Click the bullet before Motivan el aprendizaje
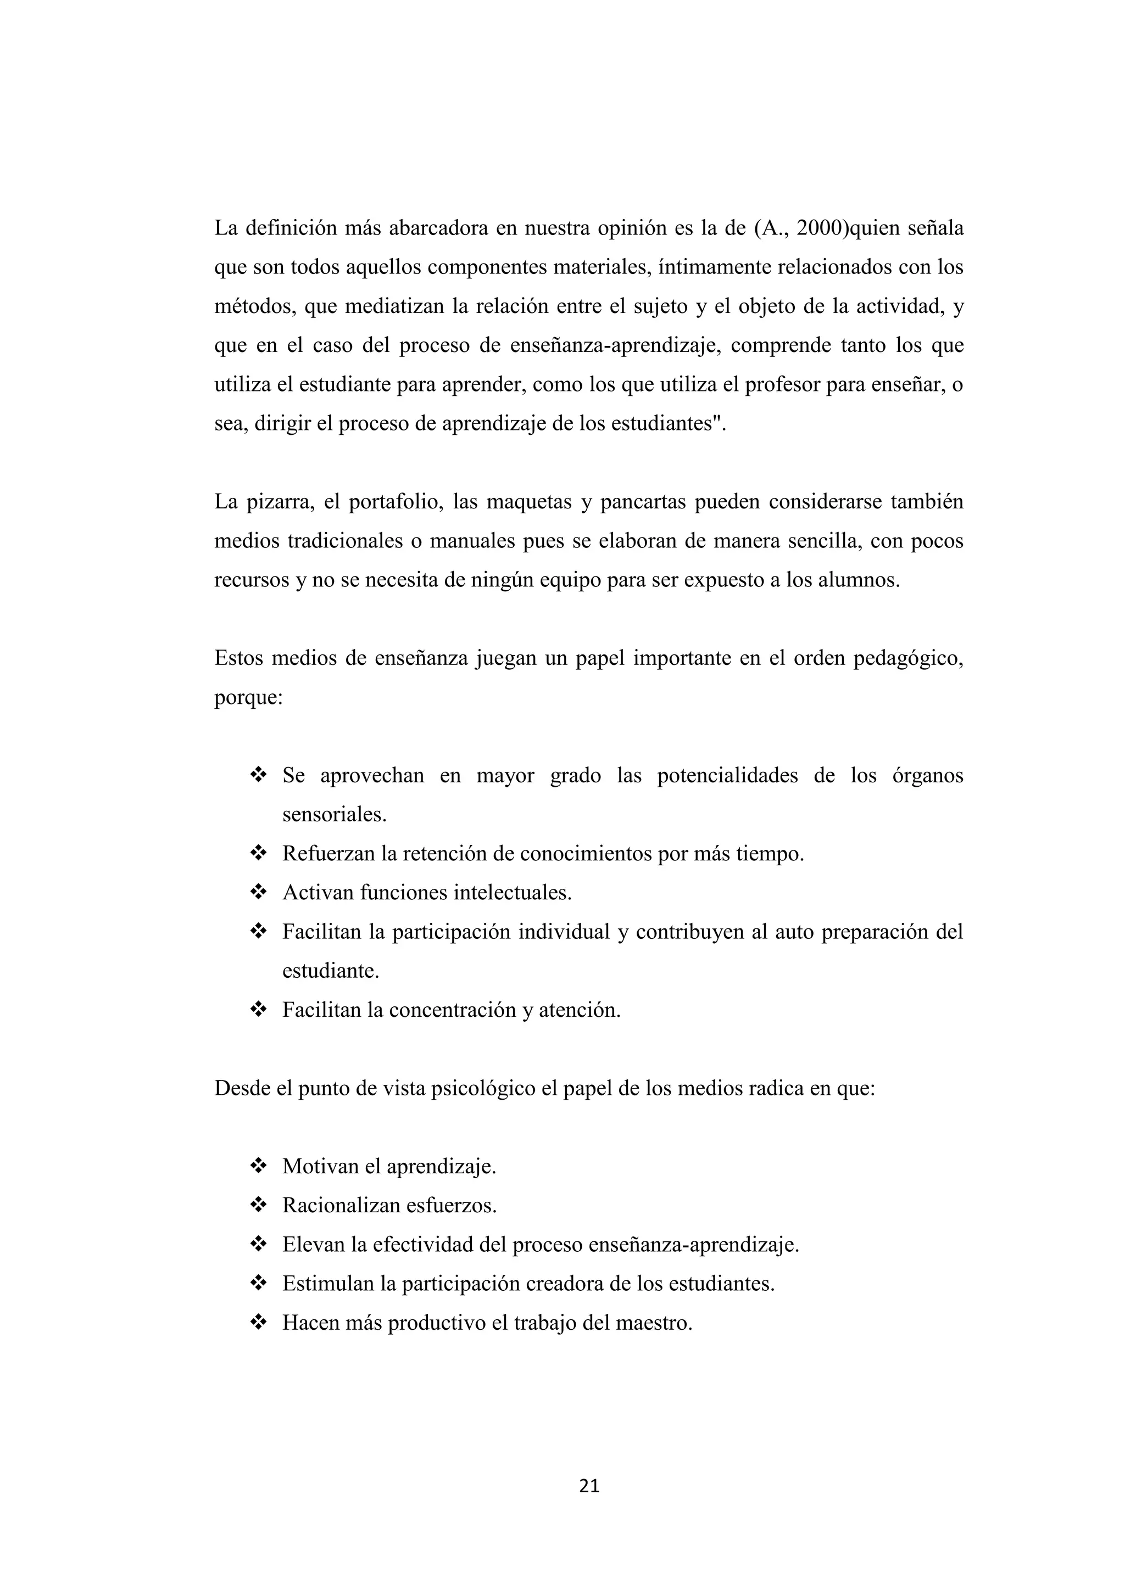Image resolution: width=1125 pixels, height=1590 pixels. click(x=258, y=1166)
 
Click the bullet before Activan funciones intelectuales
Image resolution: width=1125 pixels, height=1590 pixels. click(x=258, y=893)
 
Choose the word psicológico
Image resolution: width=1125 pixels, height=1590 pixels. click(x=483, y=1089)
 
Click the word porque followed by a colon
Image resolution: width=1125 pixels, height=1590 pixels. click(x=247, y=697)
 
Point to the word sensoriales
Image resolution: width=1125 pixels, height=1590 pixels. click(x=333, y=814)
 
